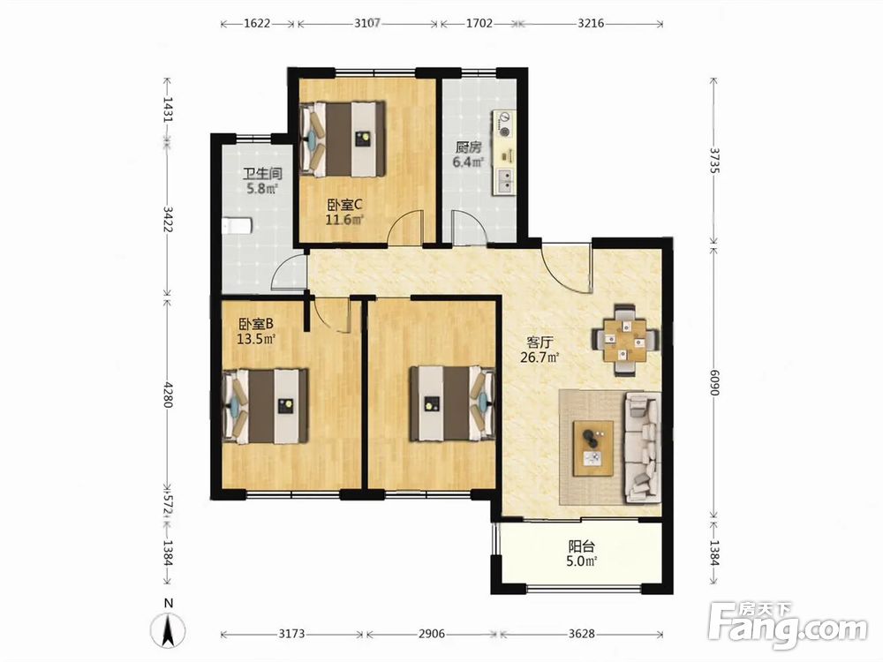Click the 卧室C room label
[344, 204]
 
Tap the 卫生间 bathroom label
[262, 173]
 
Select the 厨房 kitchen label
[469, 147]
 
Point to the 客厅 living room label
[540, 342]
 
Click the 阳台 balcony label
[582, 546]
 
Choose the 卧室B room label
[256, 324]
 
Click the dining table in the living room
[624, 340]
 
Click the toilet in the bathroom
[237, 226]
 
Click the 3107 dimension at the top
[367, 24]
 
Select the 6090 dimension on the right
[714, 382]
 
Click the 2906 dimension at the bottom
[432, 634]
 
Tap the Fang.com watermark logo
[788, 625]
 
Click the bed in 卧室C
[344, 139]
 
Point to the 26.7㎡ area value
[540, 357]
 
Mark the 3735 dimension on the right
[714, 162]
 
